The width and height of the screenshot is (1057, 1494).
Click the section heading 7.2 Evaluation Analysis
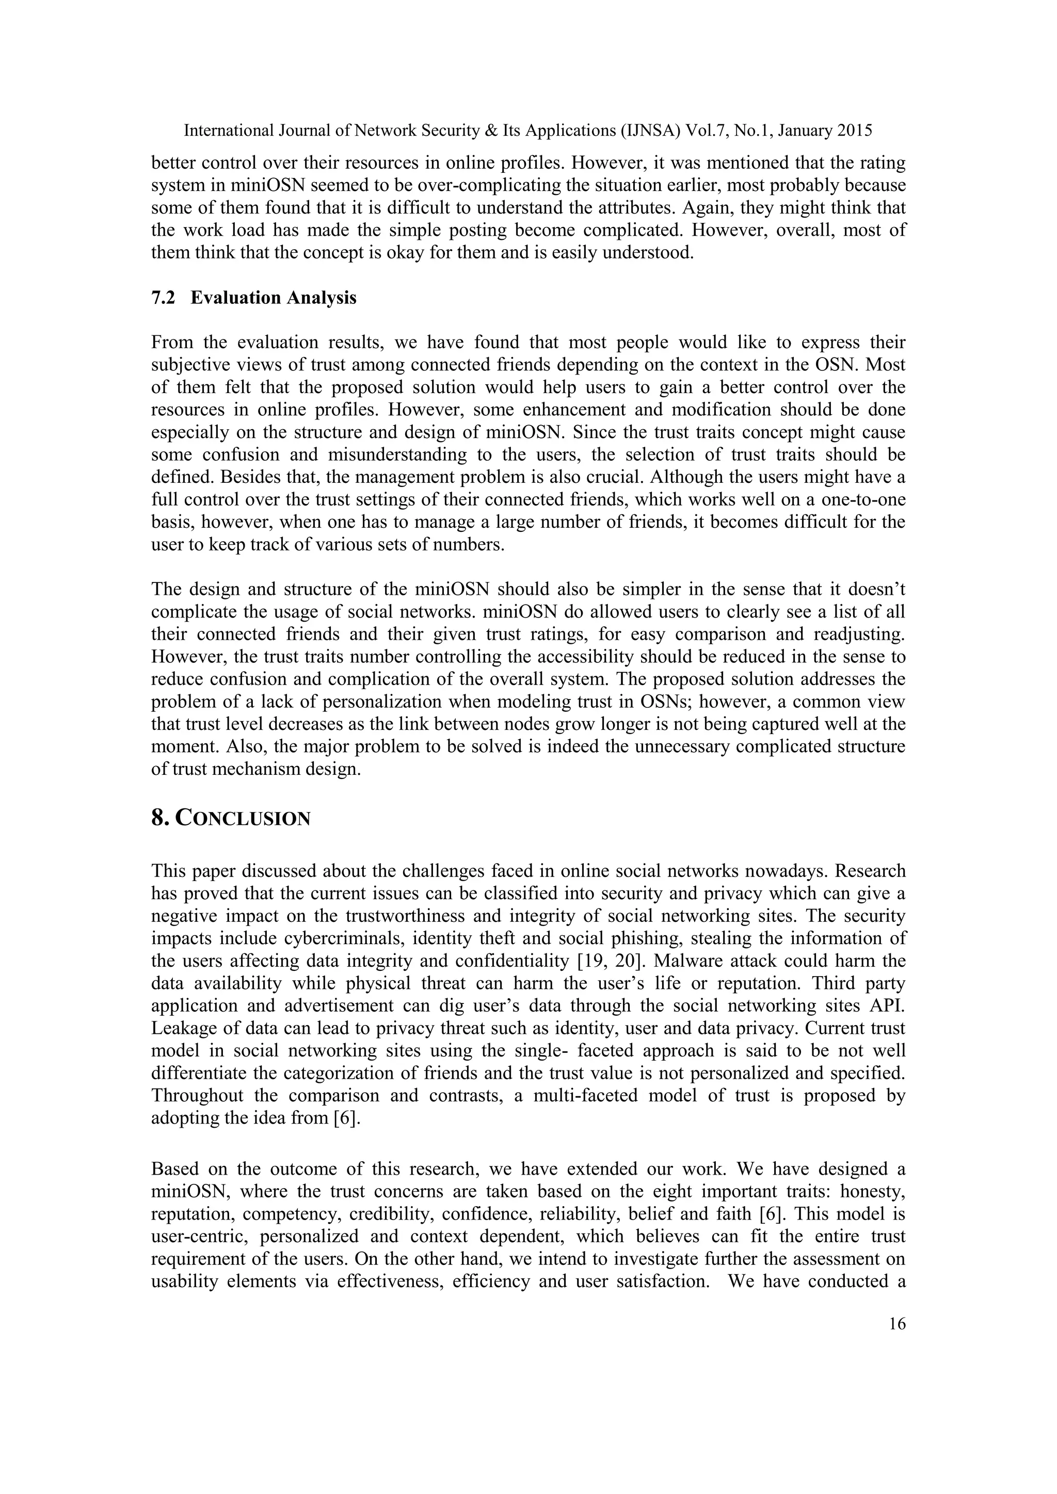click(x=254, y=298)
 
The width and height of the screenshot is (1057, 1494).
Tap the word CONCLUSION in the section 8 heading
click(x=244, y=819)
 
